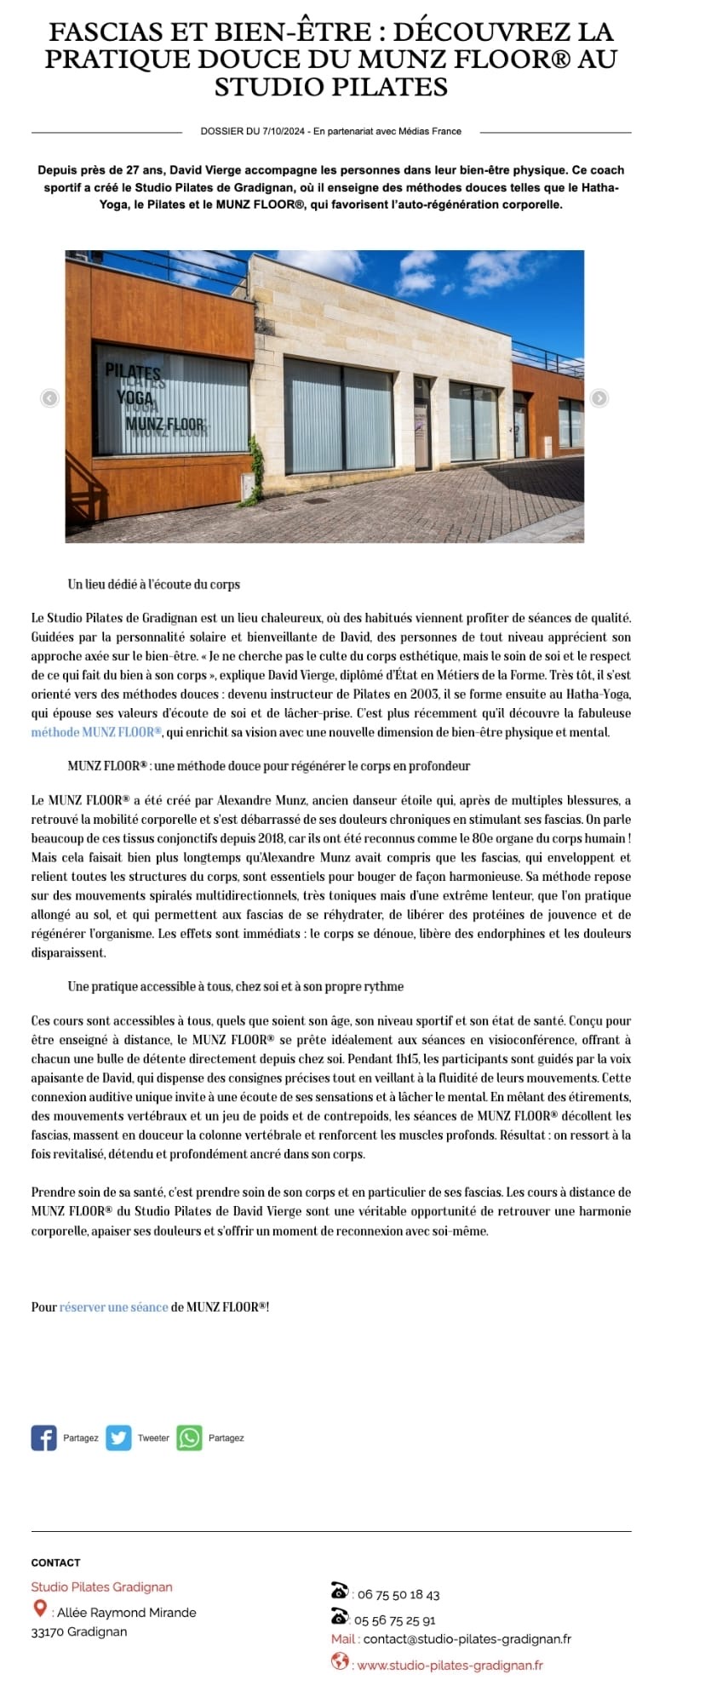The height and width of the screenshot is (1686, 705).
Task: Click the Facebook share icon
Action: pos(43,1437)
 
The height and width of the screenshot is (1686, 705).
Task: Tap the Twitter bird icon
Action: pos(118,1437)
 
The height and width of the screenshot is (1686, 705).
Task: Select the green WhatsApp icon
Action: pos(189,1437)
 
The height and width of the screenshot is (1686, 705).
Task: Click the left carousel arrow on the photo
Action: pos(50,397)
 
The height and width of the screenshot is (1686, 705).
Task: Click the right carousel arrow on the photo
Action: pos(599,397)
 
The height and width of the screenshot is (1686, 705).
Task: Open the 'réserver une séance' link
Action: pos(113,1306)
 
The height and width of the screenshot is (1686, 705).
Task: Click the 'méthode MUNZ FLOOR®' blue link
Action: pos(96,732)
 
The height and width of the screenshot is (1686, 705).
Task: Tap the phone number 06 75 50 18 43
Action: pos(398,1595)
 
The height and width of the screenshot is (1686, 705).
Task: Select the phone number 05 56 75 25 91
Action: pos(395,1620)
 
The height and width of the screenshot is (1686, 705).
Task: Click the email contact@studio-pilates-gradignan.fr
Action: pos(467,1638)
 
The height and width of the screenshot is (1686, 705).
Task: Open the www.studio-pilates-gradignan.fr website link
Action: pos(450,1665)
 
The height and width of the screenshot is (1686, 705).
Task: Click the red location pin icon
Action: pos(39,1608)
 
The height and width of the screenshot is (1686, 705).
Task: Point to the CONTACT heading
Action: pos(55,1563)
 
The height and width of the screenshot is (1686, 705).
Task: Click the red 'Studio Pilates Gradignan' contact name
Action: pos(101,1586)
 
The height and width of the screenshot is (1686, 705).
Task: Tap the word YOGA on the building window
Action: pos(135,397)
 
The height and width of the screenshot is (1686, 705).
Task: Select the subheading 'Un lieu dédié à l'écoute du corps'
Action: pos(153,584)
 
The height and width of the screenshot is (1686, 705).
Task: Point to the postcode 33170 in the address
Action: pos(45,1632)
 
